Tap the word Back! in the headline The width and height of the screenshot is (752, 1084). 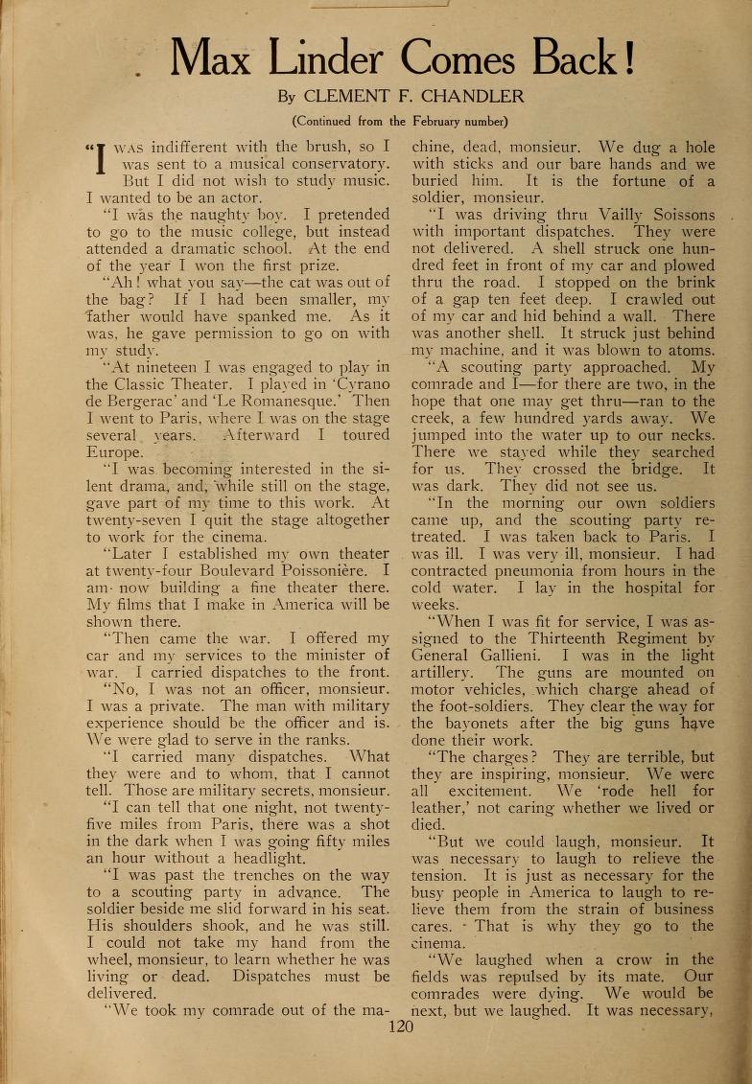[581, 59]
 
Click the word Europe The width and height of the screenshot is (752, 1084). [115, 452]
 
